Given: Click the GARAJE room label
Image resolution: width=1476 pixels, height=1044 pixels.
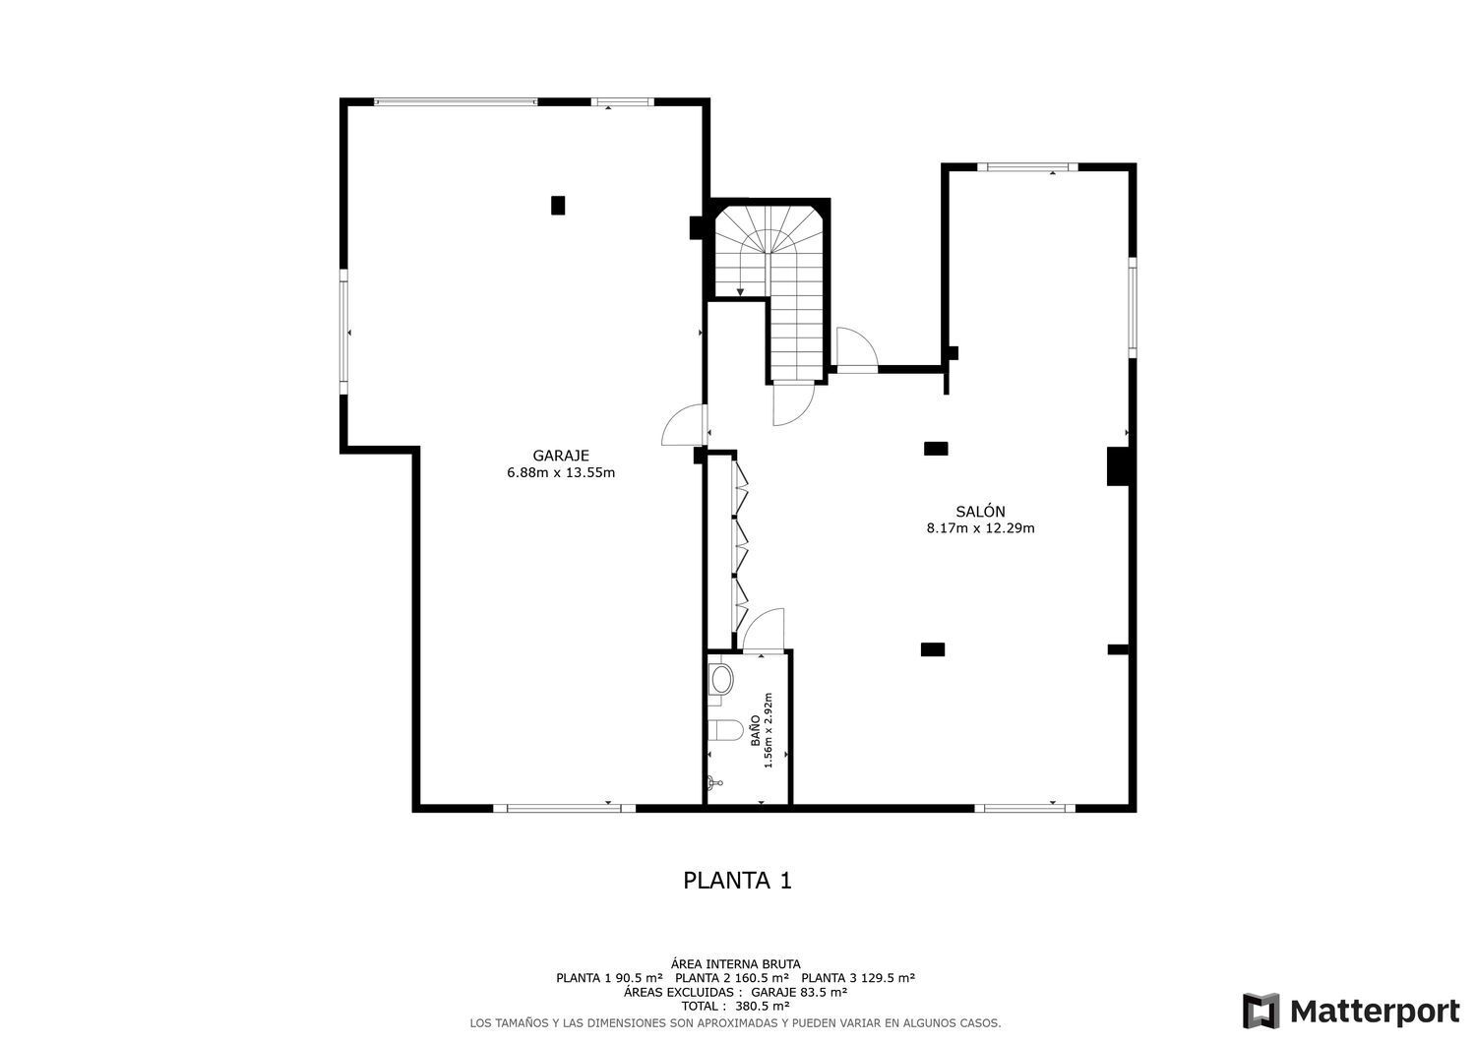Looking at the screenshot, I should (560, 456).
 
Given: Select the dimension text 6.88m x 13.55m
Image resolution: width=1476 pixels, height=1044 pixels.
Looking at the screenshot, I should (560, 472).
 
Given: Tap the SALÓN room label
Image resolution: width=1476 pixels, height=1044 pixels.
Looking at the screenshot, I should (980, 511).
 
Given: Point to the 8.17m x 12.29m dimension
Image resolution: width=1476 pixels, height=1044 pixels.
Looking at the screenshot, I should (980, 527).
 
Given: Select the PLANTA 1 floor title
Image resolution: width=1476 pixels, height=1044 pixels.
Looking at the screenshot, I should (737, 880).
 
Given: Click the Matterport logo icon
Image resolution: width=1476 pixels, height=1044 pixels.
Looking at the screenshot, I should (1261, 1011).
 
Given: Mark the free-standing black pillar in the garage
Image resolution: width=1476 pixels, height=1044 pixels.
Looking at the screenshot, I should (558, 205).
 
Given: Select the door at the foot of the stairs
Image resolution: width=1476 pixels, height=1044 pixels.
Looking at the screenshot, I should (792, 403).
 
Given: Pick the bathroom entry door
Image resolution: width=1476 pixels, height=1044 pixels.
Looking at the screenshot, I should (765, 630).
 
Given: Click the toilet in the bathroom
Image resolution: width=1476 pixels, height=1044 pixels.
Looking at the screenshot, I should (725, 730).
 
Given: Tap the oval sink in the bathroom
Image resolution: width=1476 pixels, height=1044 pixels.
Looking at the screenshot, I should (721, 680).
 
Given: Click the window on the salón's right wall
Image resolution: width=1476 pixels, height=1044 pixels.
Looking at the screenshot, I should (1132, 307).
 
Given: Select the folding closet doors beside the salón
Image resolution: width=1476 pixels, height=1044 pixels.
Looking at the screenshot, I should (740, 546).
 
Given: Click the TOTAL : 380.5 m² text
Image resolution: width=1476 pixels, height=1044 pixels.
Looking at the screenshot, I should (735, 1007).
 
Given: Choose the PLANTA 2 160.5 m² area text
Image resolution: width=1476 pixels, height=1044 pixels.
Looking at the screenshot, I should (732, 978).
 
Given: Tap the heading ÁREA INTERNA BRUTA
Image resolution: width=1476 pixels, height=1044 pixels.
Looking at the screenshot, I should (735, 964).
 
